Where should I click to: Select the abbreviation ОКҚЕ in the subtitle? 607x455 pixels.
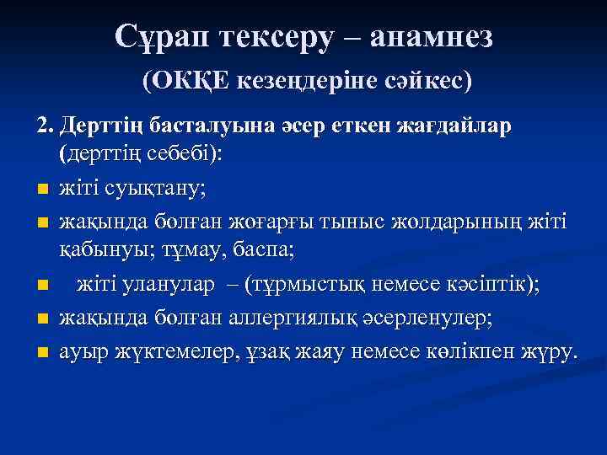click(184, 81)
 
